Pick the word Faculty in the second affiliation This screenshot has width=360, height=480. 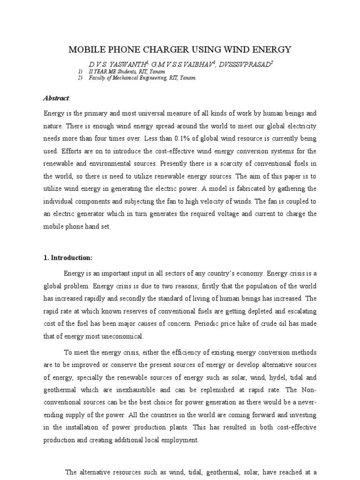[99, 78]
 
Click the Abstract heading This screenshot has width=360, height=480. [56, 98]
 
